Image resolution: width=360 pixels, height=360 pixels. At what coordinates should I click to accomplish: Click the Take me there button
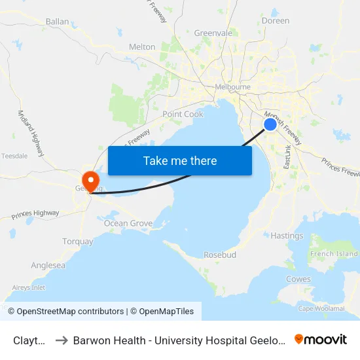(180, 160)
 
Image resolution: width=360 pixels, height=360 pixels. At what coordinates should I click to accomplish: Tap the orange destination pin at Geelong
(89, 179)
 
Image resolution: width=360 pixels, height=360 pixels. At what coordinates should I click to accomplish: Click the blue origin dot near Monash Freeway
(270, 124)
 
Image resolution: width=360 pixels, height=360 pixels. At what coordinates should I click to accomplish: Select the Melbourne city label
(232, 87)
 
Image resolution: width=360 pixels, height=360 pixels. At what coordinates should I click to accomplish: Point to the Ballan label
(57, 22)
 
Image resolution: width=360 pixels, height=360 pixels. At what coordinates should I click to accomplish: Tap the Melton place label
(143, 47)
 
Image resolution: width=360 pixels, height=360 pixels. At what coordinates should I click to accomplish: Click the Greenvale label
(213, 33)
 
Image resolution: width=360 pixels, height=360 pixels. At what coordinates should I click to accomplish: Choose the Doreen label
(275, 21)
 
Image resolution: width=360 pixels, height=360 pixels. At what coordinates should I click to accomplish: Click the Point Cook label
(183, 114)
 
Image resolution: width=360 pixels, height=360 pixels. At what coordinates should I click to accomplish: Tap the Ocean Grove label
(128, 223)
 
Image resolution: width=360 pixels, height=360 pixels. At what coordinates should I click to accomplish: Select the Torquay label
(78, 242)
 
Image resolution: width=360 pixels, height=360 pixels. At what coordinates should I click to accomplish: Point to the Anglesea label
(48, 266)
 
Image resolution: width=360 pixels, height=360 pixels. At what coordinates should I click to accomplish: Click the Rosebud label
(220, 255)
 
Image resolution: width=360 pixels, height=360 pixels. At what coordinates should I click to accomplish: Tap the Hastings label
(287, 236)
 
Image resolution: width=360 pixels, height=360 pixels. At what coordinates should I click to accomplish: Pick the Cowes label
(298, 279)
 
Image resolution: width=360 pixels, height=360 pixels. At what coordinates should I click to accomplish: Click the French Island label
(334, 254)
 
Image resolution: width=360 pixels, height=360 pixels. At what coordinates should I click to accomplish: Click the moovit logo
(321, 339)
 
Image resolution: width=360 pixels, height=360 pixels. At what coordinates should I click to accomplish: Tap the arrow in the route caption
(61, 340)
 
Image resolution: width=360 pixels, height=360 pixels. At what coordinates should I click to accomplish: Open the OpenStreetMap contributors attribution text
(70, 312)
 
